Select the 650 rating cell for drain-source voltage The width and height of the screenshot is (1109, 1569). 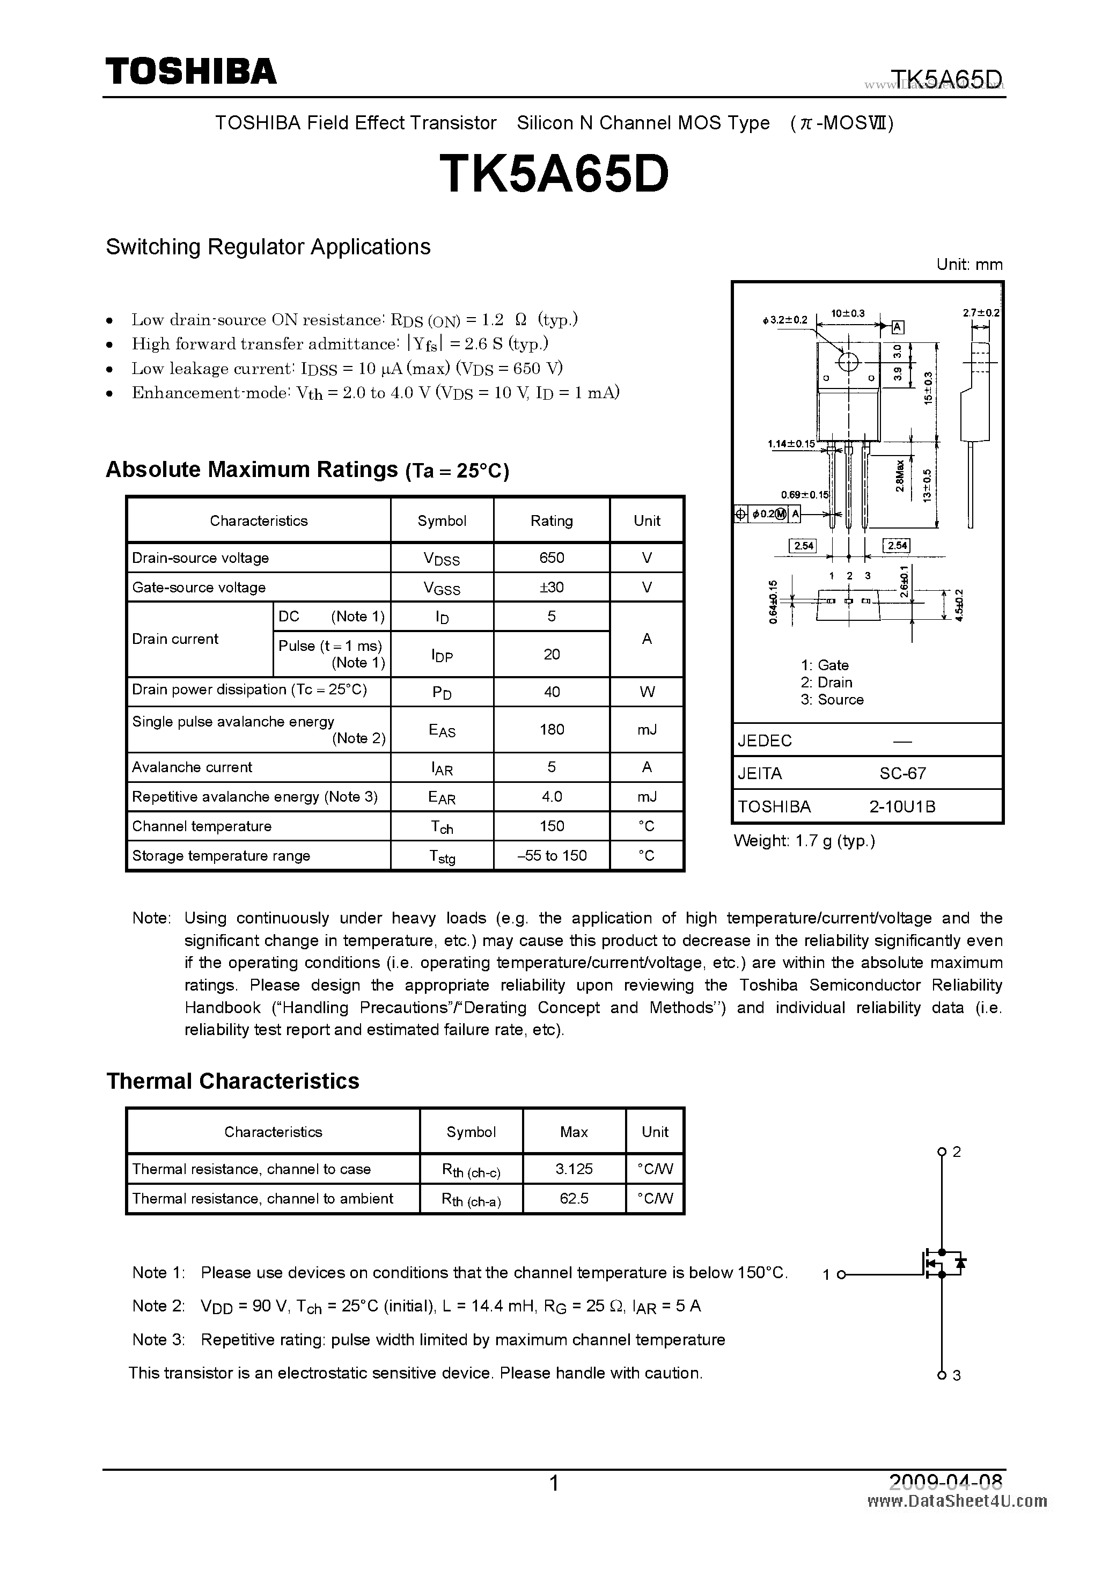(552, 558)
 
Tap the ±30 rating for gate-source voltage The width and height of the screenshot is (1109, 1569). (552, 587)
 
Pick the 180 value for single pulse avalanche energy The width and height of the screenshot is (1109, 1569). (552, 729)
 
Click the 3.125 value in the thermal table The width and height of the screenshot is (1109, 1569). (574, 1169)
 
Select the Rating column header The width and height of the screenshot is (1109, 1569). (552, 520)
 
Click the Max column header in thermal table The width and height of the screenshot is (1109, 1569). (574, 1132)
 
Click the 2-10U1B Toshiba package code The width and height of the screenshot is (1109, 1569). (902, 807)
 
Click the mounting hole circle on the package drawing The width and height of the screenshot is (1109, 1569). (848, 362)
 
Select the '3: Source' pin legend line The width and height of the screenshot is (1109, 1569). (832, 700)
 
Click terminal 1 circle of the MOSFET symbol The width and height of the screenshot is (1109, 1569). (841, 1274)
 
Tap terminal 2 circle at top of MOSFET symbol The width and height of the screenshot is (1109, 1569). (942, 1152)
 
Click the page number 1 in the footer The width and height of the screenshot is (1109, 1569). (554, 1483)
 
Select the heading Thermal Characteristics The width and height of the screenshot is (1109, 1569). (232, 1081)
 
